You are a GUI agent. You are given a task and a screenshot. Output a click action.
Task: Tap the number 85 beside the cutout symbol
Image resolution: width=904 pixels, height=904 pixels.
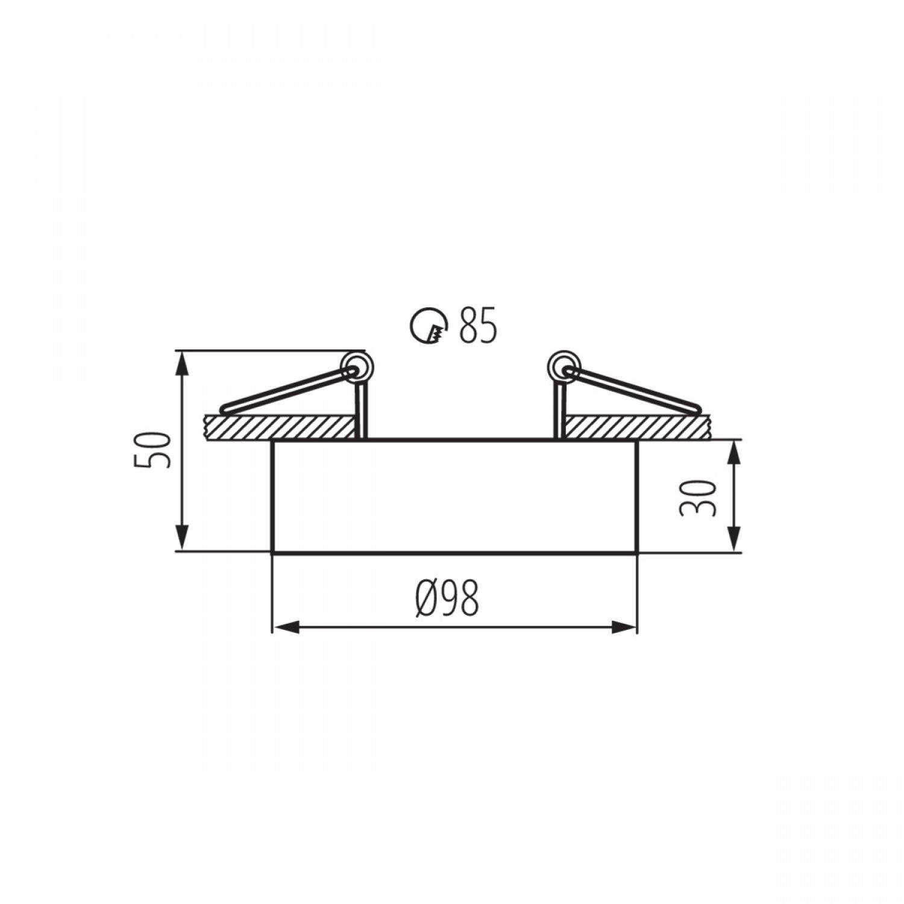pyautogui.click(x=478, y=326)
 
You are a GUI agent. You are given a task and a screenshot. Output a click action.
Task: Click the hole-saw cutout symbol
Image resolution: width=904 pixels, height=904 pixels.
pyautogui.click(x=429, y=326)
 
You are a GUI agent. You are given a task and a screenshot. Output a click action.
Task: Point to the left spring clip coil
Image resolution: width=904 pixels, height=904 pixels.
pyautogui.click(x=356, y=365)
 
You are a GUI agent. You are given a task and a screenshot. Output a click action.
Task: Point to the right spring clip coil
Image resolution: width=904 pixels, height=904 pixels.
pyautogui.click(x=562, y=365)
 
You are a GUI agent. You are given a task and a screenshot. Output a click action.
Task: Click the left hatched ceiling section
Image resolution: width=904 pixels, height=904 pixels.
pyautogui.click(x=279, y=427)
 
